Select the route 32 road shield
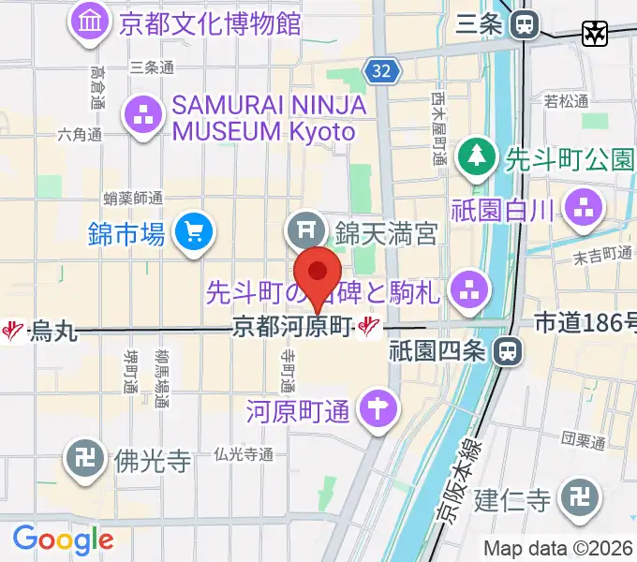[x=378, y=72]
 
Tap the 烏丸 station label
[x=52, y=330]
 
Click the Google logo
[x=63, y=540]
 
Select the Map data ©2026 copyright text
[x=558, y=548]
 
